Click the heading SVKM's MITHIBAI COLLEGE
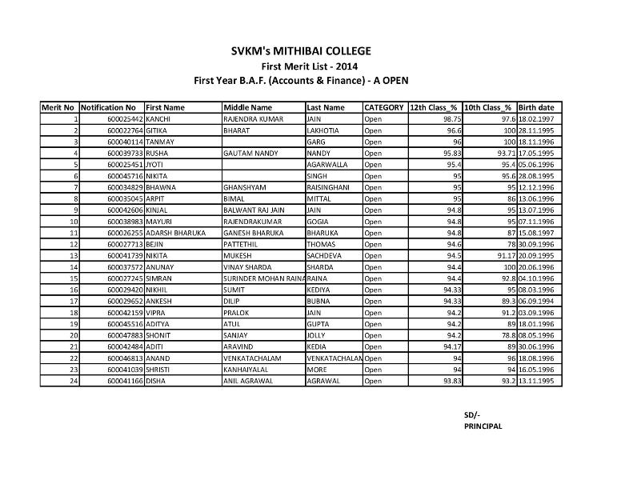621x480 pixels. point(301,51)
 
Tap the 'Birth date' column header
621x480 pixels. point(536,107)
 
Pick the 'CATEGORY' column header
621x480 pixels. point(383,107)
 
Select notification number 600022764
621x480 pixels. point(125,130)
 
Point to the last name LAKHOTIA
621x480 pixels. point(323,130)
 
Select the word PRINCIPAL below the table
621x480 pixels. point(483,426)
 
